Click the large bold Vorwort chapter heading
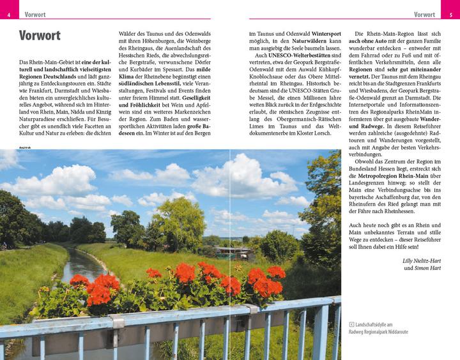40,36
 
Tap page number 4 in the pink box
8,14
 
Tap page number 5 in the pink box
450,14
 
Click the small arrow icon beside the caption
351,324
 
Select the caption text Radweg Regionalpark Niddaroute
387,333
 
